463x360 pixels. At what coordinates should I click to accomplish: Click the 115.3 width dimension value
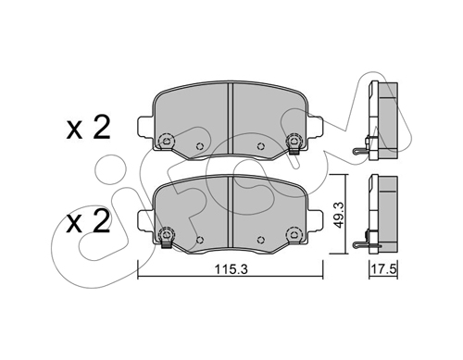231,269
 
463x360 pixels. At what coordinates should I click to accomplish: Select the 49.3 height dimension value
339,215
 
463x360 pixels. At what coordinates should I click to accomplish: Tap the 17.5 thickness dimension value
383,269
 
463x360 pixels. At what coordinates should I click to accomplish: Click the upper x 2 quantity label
89,128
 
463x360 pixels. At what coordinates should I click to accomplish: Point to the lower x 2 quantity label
89,221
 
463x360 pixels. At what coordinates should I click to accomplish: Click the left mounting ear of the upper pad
145,127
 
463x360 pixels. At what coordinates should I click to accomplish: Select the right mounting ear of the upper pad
316,127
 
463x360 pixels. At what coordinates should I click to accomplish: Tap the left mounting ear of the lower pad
145,220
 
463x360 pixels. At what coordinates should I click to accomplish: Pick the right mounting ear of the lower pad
316,220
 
